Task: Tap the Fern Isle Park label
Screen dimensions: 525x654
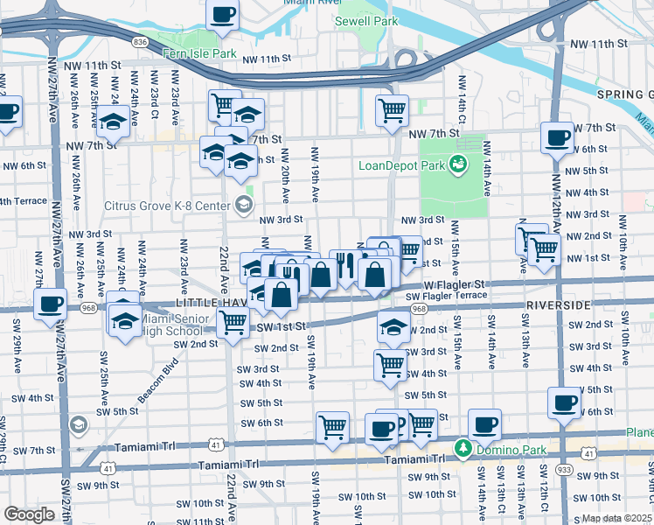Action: [200, 54]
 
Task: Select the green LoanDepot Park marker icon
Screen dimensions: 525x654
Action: [456, 164]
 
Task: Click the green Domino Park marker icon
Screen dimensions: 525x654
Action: [463, 449]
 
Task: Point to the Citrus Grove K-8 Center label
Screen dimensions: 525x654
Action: [178, 205]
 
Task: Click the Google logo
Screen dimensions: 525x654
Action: [28, 514]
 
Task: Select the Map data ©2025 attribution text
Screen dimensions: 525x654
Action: [616, 518]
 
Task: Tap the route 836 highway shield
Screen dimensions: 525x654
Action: [141, 41]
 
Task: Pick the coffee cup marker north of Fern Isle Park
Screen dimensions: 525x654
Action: [222, 15]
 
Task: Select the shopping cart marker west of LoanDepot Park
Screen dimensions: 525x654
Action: [392, 110]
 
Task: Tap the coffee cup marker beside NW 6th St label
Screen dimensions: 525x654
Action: [556, 137]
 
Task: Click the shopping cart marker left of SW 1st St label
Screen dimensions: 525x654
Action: [232, 324]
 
